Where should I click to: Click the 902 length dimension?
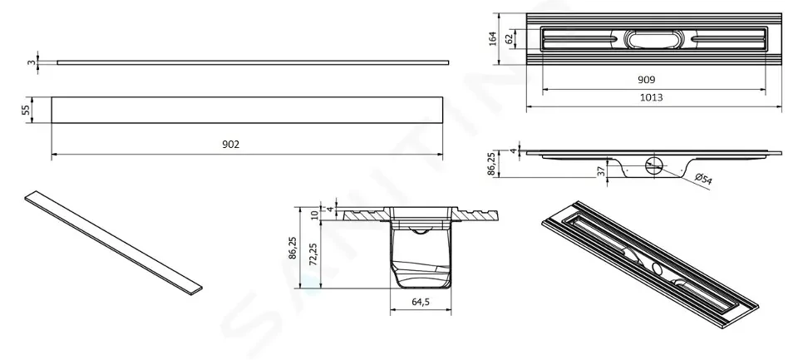point(230,145)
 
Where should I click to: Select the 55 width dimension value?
point(26,110)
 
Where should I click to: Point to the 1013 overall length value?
point(651,97)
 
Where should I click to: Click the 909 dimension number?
point(647,80)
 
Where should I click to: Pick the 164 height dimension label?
point(493,39)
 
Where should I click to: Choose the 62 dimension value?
point(510,39)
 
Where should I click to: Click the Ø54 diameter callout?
point(703,179)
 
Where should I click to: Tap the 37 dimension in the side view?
point(602,171)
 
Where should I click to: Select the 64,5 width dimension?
point(421,302)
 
